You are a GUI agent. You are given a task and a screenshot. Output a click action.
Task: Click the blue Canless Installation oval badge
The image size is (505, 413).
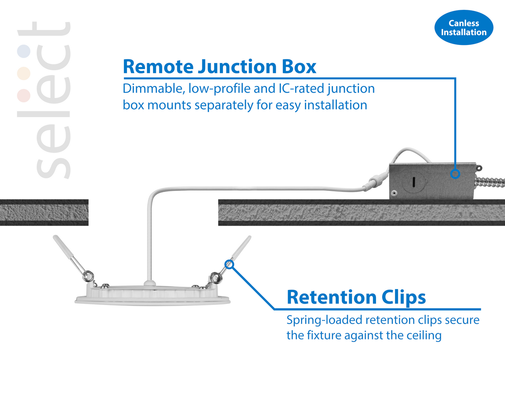point(464,27)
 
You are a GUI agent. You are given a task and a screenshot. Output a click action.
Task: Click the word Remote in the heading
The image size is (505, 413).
point(158,66)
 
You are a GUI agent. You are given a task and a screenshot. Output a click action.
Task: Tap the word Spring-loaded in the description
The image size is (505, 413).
point(324,321)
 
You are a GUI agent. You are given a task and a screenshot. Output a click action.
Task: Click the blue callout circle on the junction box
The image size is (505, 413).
point(455,174)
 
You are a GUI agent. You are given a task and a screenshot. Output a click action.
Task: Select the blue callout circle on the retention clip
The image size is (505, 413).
point(229,264)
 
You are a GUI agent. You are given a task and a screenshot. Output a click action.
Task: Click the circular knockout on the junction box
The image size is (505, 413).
point(413,181)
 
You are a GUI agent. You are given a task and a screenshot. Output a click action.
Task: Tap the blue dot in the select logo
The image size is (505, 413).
point(24,51)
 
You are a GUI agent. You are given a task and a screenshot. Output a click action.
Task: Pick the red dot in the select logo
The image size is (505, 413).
point(24,95)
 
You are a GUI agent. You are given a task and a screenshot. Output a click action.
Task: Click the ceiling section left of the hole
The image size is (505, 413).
point(44,212)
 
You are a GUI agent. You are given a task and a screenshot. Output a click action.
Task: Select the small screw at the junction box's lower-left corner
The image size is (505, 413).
point(394,193)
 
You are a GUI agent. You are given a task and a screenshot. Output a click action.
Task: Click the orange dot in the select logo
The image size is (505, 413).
point(24,73)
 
